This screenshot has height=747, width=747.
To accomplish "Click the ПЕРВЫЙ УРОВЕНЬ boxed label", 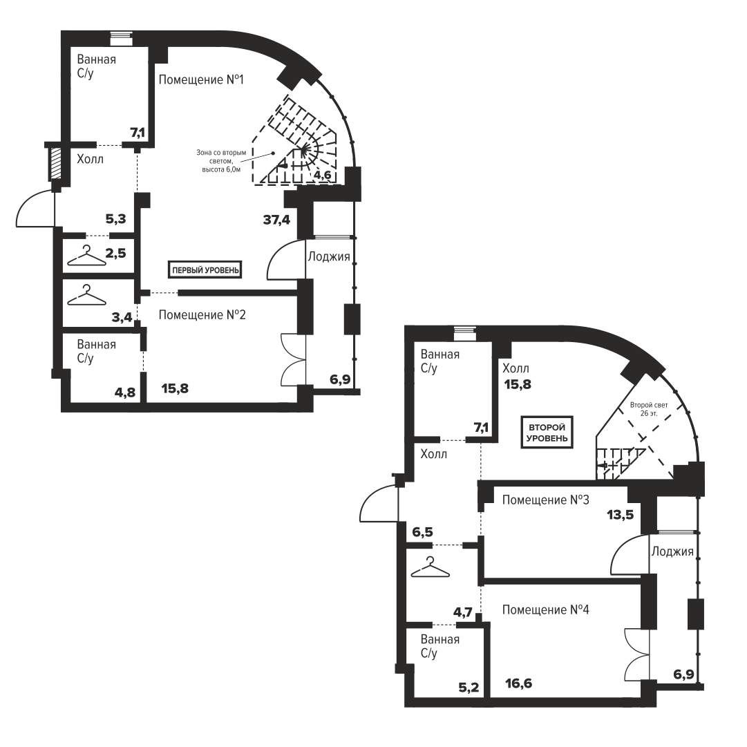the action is tap(205, 270).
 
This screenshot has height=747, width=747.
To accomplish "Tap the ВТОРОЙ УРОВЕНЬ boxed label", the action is tap(547, 433).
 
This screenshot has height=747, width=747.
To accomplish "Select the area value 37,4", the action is tap(277, 220).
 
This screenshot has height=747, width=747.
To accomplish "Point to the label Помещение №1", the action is tap(201, 79).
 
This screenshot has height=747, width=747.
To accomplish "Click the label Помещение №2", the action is tap(202, 315).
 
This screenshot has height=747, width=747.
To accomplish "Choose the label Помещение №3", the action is tap(545, 500).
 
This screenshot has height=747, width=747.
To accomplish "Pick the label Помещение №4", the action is tap(545, 609).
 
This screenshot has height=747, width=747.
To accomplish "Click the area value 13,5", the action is tap(621, 515).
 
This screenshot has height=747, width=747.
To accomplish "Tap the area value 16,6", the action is tap(519, 683).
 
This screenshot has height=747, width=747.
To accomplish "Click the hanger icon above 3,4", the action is tap(86, 295).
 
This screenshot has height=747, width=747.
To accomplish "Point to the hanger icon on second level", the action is tap(431, 567).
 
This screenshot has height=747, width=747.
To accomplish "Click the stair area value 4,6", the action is tap(322, 175).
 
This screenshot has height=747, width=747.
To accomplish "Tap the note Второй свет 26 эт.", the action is tap(649, 409).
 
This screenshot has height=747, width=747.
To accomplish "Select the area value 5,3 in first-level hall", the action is tap(116, 219).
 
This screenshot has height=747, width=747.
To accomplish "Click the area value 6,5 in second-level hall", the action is tap(423, 531).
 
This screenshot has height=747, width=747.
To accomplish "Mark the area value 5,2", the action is tap(469, 688).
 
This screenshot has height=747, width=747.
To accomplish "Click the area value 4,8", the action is tap(125, 392).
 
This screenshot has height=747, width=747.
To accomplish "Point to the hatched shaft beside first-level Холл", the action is tap(56, 163).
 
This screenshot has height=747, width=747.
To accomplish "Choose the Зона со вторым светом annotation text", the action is tap(222, 161).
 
